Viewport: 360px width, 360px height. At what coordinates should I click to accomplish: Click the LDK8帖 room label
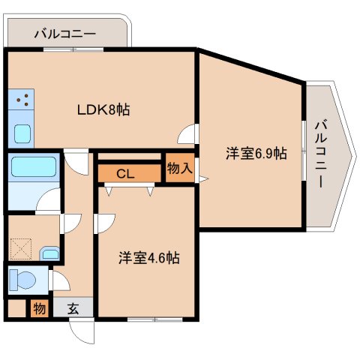(104, 109)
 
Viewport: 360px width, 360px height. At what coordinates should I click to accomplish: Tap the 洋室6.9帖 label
(256, 154)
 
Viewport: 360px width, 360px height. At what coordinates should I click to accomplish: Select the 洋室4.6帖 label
(148, 258)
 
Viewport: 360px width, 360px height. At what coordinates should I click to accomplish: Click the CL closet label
(125, 174)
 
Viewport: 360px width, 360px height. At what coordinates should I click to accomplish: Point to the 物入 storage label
(179, 168)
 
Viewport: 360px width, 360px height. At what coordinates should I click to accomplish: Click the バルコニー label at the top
(64, 34)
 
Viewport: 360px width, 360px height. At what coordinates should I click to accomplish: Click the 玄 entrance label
(74, 307)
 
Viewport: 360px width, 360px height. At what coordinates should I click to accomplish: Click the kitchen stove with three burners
(22, 100)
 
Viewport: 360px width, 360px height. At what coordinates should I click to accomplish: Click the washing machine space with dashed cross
(22, 247)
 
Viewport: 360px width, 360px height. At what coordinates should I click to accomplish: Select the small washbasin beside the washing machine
(50, 253)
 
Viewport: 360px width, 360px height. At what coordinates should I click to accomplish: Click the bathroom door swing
(49, 202)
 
